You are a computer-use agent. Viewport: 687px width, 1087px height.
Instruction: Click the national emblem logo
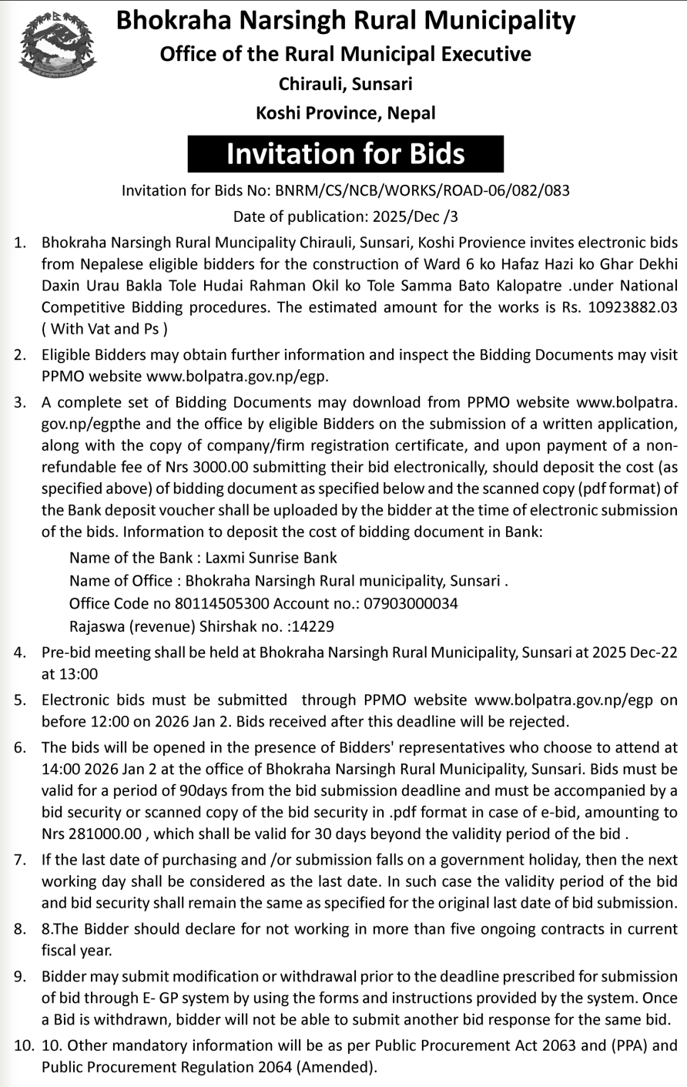pyautogui.click(x=58, y=47)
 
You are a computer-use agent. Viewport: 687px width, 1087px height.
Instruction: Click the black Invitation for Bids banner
pyautogui.click(x=345, y=153)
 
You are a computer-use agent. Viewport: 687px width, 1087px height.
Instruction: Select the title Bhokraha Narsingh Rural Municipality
pyautogui.click(x=345, y=21)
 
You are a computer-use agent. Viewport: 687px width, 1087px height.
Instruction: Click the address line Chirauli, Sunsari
pyautogui.click(x=345, y=83)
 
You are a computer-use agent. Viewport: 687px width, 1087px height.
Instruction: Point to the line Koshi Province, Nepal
pyautogui.click(x=345, y=112)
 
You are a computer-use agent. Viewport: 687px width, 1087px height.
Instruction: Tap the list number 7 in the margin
pyautogui.click(x=20, y=860)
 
